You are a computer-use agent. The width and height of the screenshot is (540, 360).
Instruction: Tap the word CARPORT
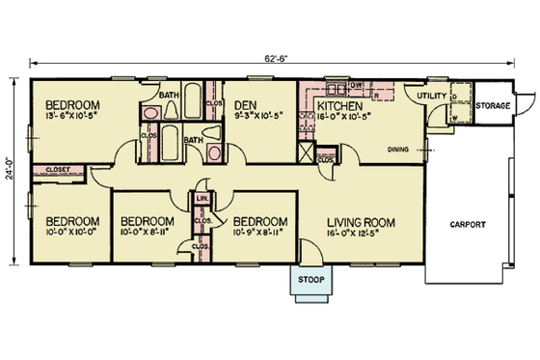[467, 225]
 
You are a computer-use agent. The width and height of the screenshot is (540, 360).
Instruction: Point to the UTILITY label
[431, 96]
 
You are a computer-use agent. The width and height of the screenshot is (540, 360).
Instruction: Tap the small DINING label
[398, 149]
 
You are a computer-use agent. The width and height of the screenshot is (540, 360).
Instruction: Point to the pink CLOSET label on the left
[54, 171]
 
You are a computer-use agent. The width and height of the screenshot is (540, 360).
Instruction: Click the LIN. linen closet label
[202, 199]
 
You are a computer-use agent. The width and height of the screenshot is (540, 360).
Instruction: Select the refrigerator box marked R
[373, 96]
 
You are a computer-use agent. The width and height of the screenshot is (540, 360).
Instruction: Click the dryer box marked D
[454, 98]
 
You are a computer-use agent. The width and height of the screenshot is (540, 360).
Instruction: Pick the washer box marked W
[454, 118]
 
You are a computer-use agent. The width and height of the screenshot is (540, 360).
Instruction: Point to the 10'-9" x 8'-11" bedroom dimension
[261, 232]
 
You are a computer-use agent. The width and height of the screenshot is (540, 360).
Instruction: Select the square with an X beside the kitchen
[307, 152]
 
